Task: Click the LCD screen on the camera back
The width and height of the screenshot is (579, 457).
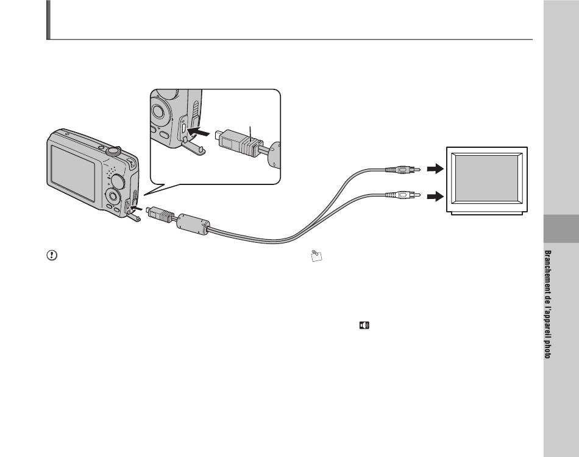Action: (73, 173)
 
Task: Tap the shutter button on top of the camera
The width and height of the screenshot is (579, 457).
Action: (113, 150)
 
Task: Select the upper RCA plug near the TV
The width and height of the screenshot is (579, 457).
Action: (402, 170)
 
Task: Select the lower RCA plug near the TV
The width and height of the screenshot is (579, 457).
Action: (402, 194)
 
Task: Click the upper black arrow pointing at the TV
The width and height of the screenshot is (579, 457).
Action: (435, 169)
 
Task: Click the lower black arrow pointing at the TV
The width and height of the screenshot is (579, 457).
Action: (435, 196)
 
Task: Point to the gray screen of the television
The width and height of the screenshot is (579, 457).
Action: (486, 178)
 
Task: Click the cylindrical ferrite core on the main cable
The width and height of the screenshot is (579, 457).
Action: (193, 224)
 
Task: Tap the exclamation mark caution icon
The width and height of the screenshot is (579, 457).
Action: (52, 255)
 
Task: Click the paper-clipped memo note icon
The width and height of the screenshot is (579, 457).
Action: (316, 256)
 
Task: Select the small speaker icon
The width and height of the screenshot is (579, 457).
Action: (364, 325)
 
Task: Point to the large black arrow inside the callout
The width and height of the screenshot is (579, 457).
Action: (199, 131)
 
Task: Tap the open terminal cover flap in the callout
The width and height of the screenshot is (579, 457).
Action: (193, 147)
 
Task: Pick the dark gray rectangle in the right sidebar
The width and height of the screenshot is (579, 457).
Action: (561, 229)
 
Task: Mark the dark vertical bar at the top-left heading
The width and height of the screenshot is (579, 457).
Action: (48, 19)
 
